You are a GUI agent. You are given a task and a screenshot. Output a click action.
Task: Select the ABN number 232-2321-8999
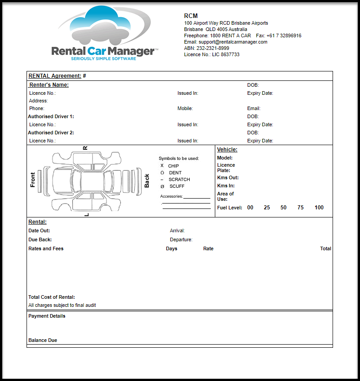tap(213, 48)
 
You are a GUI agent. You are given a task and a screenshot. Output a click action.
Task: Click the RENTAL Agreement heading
tap(55, 76)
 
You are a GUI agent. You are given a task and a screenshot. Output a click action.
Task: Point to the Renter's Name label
tap(49, 84)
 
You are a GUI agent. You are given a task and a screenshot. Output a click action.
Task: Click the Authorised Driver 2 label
tap(51, 133)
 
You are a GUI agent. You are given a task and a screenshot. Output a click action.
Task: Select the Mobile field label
tap(185, 108)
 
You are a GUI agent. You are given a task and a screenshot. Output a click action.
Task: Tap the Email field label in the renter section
tap(253, 108)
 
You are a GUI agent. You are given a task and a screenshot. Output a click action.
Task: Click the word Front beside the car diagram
tap(33, 180)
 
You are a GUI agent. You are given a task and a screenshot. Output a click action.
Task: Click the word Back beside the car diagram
tap(147, 181)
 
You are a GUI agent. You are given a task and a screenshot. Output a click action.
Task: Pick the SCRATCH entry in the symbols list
tap(179, 180)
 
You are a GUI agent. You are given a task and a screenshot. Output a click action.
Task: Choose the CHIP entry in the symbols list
tap(173, 166)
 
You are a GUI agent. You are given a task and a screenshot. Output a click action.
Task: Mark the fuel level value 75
tap(300, 208)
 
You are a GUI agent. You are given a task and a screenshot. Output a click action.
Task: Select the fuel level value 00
tap(250, 208)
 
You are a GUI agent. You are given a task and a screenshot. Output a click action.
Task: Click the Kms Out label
tap(228, 177)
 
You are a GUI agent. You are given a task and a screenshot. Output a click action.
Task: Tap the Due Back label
tap(40, 239)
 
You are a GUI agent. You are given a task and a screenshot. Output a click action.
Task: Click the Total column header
tap(325, 248)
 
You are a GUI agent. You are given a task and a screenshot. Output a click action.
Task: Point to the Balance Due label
tap(43, 340)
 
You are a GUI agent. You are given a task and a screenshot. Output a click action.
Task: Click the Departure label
tap(181, 239)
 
